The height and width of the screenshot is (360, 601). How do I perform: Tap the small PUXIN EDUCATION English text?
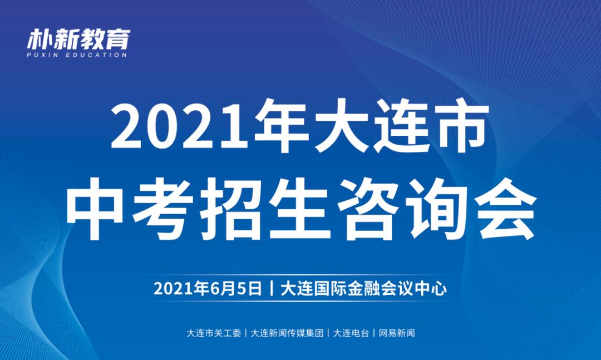click(78, 55)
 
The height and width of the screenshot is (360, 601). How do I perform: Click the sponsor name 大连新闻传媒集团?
click(287, 334)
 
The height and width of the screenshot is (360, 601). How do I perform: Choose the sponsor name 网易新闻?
click(397, 334)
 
